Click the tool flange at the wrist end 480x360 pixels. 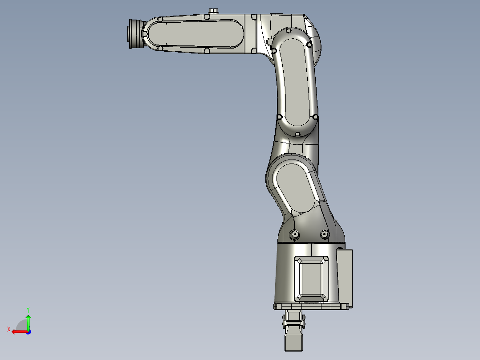tap(134, 34)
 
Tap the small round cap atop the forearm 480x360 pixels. tap(214, 10)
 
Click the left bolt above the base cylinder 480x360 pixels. tap(295, 234)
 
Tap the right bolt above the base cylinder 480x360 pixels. tap(325, 234)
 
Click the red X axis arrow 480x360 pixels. tap(18, 331)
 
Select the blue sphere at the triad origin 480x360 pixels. tap(28, 331)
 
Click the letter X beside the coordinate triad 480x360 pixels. tap(9, 329)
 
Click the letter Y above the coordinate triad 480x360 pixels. tap(28, 309)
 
